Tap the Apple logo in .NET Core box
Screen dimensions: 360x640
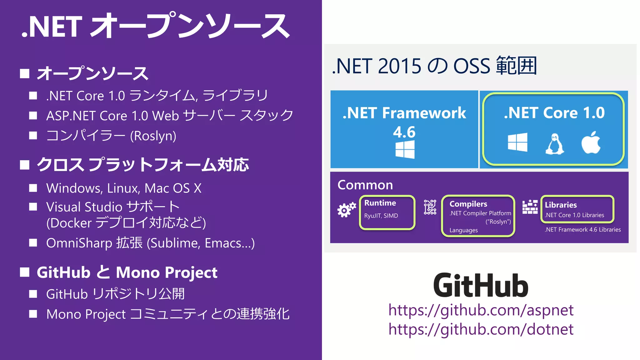click(591, 143)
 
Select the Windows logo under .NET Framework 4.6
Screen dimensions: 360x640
click(405, 149)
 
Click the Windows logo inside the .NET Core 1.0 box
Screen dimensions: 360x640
click(517, 142)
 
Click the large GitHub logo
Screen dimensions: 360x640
click(481, 285)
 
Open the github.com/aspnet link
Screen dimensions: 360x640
click(481, 310)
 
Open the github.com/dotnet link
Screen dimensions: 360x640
click(481, 329)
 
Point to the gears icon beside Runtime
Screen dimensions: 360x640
click(346, 210)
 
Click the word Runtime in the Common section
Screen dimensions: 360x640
click(380, 203)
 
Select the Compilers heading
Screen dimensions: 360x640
click(468, 204)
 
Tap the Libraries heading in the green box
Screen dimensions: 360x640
click(561, 205)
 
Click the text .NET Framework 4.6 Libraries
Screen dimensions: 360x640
click(582, 230)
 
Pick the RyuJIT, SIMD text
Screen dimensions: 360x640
click(381, 216)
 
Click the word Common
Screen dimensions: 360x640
click(365, 185)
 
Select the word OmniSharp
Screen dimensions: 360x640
click(79, 243)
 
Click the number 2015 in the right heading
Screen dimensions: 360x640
click(399, 66)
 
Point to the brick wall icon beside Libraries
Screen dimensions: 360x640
click(530, 207)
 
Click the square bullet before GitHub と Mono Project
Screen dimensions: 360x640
click(25, 272)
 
